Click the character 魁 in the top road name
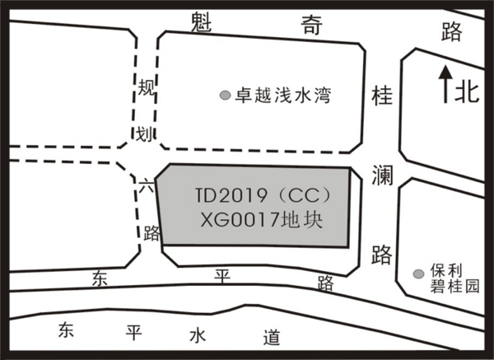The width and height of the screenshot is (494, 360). pyautogui.click(x=202, y=21)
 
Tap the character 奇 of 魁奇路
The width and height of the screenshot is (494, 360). pyautogui.click(x=311, y=25)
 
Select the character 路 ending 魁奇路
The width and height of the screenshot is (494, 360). pyautogui.click(x=451, y=32)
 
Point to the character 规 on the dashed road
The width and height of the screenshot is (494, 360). pyautogui.click(x=147, y=87)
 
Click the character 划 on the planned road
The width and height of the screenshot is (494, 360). pyautogui.click(x=144, y=134)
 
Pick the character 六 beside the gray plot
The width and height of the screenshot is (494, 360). pyautogui.click(x=146, y=185)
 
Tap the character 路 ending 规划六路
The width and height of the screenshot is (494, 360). pyautogui.click(x=151, y=233)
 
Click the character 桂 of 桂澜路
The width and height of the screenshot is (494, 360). pyautogui.click(x=382, y=96)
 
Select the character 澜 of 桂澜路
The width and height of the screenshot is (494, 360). pyautogui.click(x=382, y=175)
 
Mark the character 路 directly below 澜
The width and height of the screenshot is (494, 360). pyautogui.click(x=381, y=254)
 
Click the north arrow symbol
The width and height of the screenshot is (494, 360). pyautogui.click(x=445, y=84)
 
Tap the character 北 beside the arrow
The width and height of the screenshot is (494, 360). pyautogui.click(x=467, y=92)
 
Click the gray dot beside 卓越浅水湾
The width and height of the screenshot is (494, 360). pyautogui.click(x=225, y=95)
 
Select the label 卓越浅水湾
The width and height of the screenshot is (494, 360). pyautogui.click(x=283, y=96)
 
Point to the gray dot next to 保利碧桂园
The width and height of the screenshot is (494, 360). pyautogui.click(x=418, y=274)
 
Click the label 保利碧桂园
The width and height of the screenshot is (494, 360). pyautogui.click(x=454, y=278)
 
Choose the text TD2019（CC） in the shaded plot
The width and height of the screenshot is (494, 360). pyautogui.click(x=264, y=196)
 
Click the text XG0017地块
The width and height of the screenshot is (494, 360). pyautogui.click(x=262, y=220)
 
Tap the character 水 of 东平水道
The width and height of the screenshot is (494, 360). pyautogui.click(x=198, y=336)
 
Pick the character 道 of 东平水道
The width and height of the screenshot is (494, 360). pyautogui.click(x=272, y=338)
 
